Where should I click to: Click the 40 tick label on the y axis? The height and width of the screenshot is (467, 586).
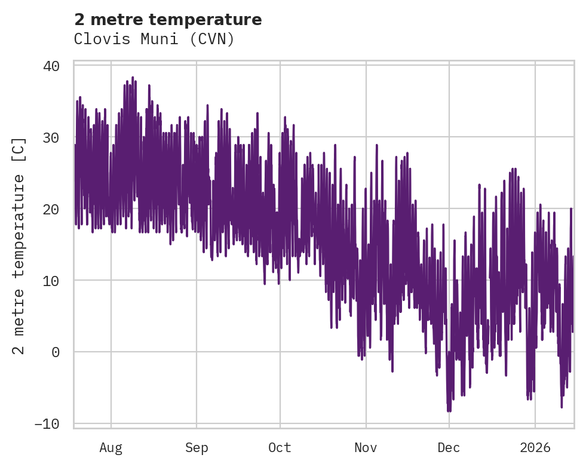51,66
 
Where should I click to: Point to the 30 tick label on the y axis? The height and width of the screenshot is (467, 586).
51,137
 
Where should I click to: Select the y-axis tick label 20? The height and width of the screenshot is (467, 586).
51,209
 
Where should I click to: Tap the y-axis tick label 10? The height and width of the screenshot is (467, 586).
51,281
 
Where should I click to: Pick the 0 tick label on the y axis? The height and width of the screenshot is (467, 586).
56,352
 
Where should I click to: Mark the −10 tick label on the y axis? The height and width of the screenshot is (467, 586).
47,424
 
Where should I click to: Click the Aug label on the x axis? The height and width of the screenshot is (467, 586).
111,447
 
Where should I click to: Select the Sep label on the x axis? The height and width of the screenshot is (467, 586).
197,447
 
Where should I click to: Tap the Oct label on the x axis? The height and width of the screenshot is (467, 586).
280,447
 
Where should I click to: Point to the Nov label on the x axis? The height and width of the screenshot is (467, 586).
366,447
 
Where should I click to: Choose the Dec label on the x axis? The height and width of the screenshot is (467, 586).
449,447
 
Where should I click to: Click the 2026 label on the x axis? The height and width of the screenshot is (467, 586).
535,447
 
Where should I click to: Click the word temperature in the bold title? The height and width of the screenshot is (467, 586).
205,20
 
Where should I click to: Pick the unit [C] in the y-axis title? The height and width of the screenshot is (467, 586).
19,151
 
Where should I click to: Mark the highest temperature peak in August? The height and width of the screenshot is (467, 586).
133,77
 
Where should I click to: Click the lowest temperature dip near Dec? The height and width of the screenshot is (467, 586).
449,411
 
